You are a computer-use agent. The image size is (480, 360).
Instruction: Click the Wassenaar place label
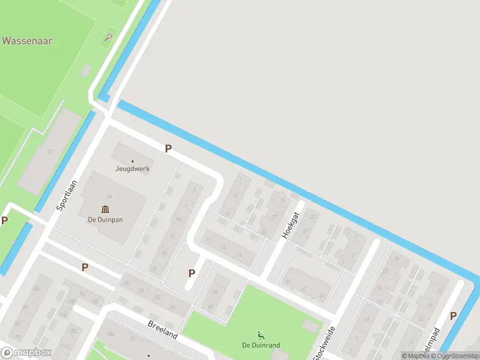tap(27, 41)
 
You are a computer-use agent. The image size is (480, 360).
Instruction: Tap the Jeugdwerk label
tap(133, 169)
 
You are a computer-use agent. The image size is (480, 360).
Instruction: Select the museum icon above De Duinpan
tap(106, 209)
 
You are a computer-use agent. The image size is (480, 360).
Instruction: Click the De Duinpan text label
tap(106, 220)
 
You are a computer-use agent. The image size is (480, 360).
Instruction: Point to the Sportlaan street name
tap(67, 194)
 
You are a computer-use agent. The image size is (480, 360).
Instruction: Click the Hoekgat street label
tap(289, 226)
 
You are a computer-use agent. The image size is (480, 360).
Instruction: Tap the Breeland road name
tap(163, 329)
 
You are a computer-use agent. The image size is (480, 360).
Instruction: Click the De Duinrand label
tap(261, 345)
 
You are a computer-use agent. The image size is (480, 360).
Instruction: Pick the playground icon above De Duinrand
tap(261, 335)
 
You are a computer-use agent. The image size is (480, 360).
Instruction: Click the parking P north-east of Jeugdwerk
tap(169, 148)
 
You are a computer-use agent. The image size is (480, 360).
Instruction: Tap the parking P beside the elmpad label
tap(453, 316)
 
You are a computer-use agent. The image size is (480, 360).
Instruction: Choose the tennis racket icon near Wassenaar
tap(107, 37)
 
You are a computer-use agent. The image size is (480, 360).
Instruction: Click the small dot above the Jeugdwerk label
tap(133, 161)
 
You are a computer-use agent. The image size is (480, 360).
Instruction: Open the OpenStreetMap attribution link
tap(458, 356)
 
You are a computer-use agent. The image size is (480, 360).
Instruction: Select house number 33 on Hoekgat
tap(312, 216)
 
